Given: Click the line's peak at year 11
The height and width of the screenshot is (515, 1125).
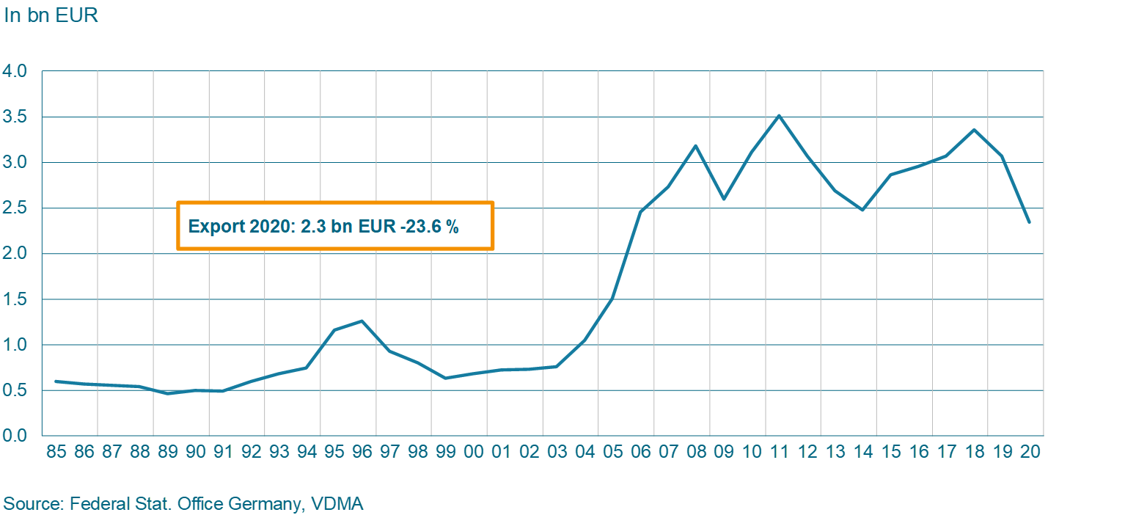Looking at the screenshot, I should coord(779,115).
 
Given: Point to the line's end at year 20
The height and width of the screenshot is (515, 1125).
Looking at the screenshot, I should coord(1030,222).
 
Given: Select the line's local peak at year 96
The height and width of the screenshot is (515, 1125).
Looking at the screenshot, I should coord(362,321).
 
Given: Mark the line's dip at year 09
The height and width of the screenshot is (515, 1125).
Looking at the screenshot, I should coord(723,199).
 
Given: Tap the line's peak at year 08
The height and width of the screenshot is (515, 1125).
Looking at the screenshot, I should coord(695,145).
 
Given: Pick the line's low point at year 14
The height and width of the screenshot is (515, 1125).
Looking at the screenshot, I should coord(862,210).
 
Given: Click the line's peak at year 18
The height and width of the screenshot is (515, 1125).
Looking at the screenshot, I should coord(974,130).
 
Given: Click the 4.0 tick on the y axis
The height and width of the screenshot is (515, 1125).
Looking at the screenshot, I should coord(15,72).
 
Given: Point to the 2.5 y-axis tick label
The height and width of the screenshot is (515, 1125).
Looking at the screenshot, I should coord(15,208).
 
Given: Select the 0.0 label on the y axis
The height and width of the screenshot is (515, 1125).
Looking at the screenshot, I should coord(15,436).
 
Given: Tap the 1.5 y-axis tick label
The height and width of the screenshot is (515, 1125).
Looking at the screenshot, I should coord(15,299).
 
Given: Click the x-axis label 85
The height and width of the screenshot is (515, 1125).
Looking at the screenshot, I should coord(56,451).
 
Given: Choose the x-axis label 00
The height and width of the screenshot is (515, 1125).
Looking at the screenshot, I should coord(473,451).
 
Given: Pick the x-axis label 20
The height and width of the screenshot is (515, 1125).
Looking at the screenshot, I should coord(1030,451).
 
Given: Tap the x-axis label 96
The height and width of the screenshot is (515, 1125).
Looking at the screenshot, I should coord(362,451).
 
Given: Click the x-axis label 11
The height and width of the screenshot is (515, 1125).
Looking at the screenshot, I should coord(779,451).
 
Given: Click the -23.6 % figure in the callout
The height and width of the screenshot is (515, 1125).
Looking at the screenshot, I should coord(429,227).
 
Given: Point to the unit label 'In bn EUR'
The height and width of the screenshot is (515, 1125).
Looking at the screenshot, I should coord(51,15).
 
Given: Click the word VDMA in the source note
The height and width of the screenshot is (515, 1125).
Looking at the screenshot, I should coord(337,504).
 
